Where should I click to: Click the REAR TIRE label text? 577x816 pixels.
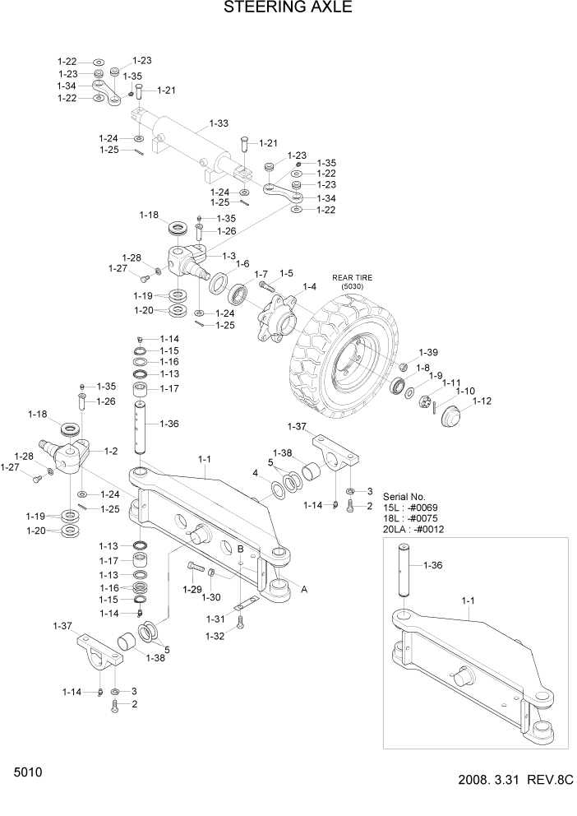352,278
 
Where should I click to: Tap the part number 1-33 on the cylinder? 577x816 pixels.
218,123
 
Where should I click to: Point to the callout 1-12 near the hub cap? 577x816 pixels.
482,401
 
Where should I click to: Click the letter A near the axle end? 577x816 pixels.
305,588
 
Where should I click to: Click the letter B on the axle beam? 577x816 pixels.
240,549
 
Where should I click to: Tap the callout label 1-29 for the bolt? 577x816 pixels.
191,589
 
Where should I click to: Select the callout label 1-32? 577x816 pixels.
215,637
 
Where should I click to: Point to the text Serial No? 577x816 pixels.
405,497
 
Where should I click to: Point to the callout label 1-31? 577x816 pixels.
215,619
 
